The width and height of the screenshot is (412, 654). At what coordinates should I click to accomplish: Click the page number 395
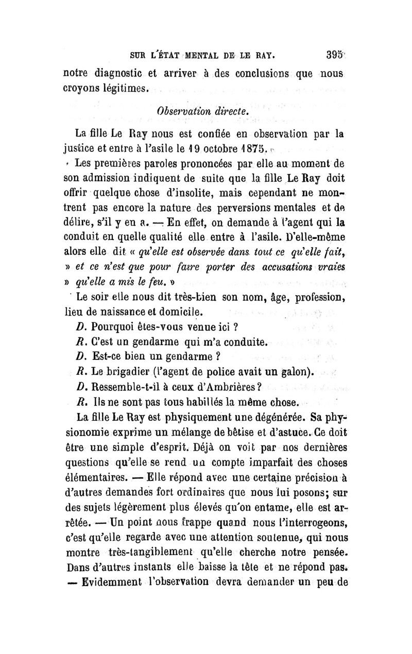click(334, 53)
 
